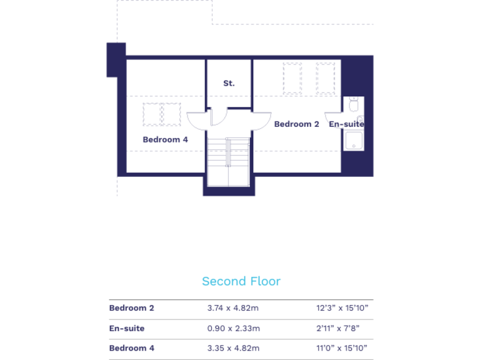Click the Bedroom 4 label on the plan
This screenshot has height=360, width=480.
(165, 139)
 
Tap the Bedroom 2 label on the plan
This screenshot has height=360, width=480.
(296, 124)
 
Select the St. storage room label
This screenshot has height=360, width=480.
(229, 83)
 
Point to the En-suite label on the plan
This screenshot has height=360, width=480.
(346, 124)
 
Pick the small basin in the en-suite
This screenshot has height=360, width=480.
(361, 119)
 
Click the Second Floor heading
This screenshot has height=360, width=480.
(241, 281)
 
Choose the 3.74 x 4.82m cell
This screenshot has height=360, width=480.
(233, 308)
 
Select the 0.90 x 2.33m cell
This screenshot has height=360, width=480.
(233, 328)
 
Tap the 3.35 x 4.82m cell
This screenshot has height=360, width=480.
(233, 348)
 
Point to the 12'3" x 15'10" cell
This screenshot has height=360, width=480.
(342, 308)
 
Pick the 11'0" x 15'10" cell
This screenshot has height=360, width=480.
(342, 348)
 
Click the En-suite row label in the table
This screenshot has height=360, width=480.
(126, 328)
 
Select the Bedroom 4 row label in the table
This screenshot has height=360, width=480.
(131, 348)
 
